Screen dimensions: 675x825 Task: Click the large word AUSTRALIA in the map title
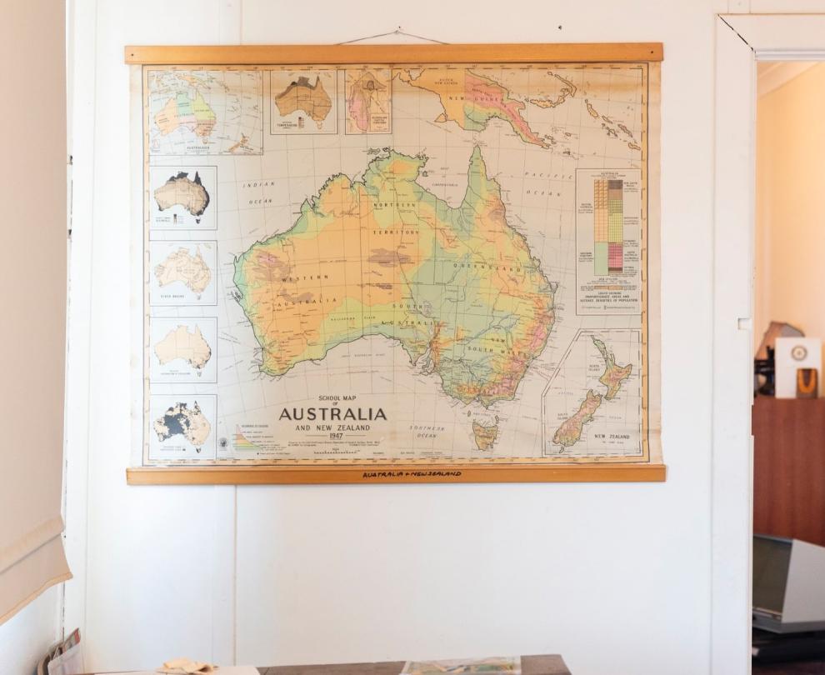pos(332,414)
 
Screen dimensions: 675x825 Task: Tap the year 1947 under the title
pos(336,436)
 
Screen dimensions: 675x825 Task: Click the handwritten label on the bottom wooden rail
pos(411,474)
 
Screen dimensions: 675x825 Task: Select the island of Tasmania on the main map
pos(484,433)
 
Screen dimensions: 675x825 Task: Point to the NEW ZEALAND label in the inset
pos(612,436)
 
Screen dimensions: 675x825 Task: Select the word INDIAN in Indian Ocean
pos(258,184)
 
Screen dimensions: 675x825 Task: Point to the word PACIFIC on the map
pos(537,174)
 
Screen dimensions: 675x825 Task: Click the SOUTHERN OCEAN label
pos(427,431)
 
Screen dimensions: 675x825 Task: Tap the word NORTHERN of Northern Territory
pos(395,204)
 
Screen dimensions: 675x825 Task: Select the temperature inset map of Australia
pos(303,100)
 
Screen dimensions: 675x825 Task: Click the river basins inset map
pos(183,271)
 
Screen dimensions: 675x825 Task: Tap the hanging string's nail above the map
pos(398,30)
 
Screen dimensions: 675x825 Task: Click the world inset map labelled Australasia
pos(204,112)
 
